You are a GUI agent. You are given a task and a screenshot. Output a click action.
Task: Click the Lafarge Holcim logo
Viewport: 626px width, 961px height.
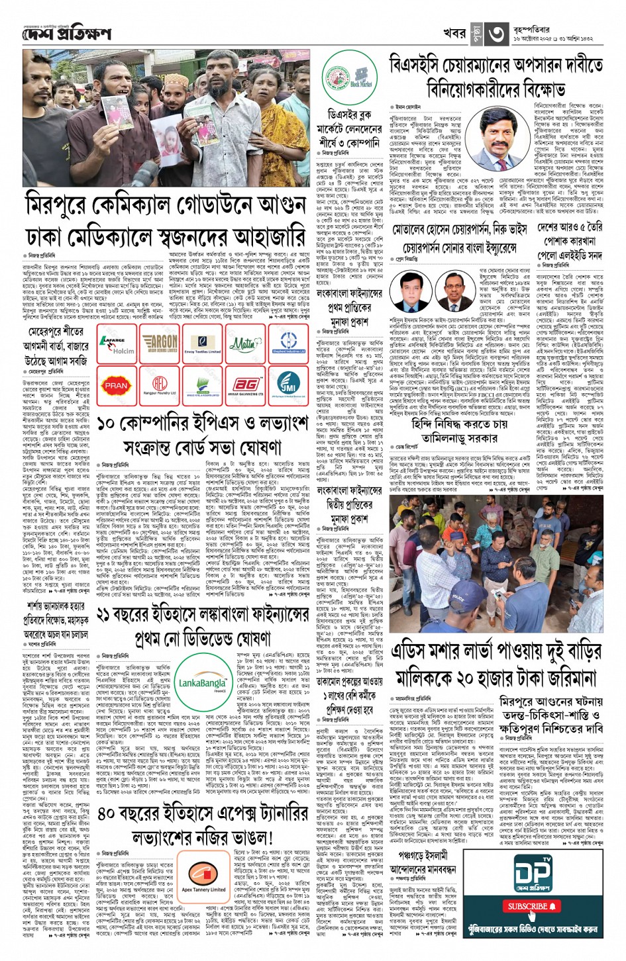click(x=117, y=343)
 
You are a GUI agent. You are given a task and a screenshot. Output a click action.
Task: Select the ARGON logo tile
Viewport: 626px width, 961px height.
click(x=160, y=343)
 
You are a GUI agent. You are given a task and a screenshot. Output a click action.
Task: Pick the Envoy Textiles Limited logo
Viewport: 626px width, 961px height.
click(x=203, y=343)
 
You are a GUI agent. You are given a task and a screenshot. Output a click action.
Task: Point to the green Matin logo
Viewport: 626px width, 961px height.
click(x=245, y=343)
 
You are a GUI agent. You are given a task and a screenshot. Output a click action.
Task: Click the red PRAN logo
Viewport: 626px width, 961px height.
click(x=117, y=385)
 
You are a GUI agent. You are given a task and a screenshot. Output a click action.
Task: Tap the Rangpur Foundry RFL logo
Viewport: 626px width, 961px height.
click(x=160, y=385)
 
